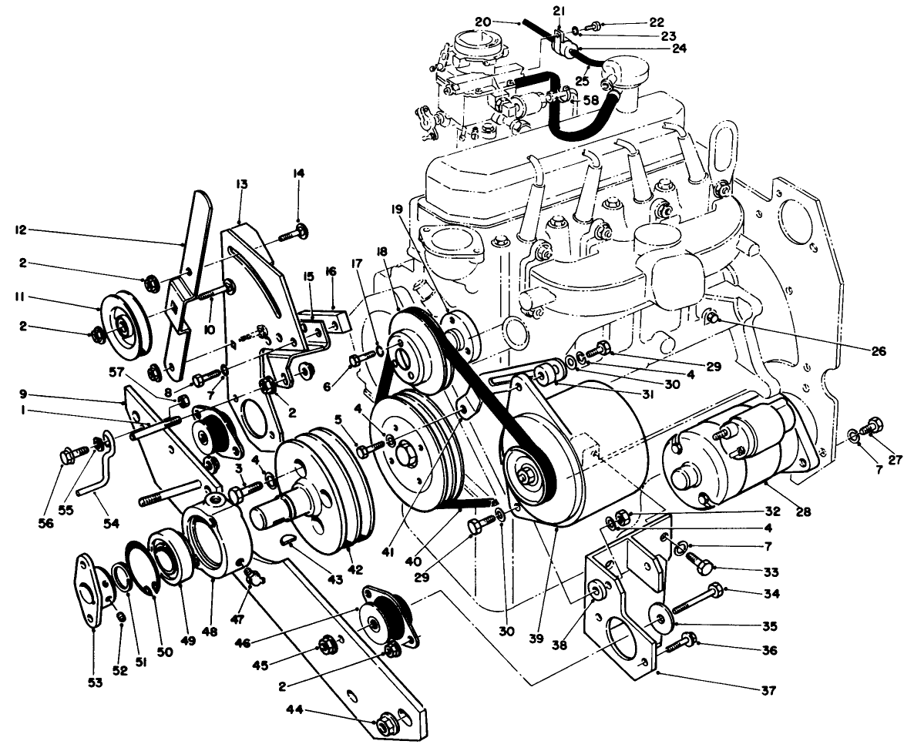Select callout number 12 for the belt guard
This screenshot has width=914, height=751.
pos(21,229)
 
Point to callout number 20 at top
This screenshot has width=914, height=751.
pos(483,22)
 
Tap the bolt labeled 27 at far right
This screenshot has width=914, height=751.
pos(872,424)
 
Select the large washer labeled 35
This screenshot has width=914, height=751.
pos(660,620)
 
